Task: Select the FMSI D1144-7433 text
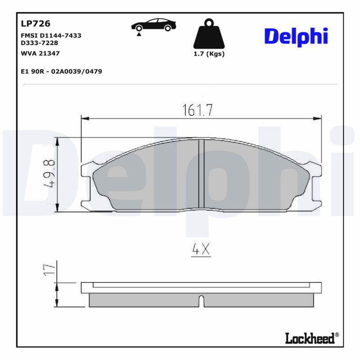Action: [x=51, y=35]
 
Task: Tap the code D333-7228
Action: [x=40, y=43]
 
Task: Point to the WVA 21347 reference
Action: [x=40, y=53]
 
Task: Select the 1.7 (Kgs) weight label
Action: [x=208, y=54]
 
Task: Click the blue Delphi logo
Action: [x=296, y=37]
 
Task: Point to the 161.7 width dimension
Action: [x=197, y=110]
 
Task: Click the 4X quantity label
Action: [x=201, y=250]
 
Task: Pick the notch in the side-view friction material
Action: [x=201, y=301]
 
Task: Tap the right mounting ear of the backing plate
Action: [x=316, y=184]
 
